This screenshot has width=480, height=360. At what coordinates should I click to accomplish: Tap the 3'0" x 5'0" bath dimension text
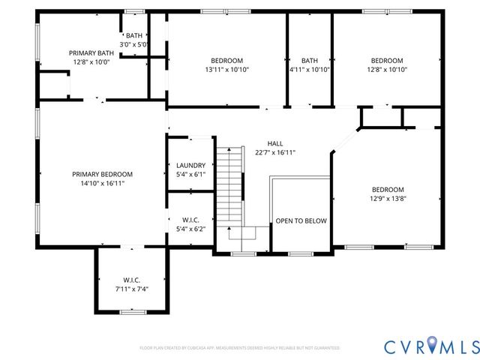(x=135, y=45)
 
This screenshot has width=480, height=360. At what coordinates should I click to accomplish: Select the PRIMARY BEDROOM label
(x=103, y=174)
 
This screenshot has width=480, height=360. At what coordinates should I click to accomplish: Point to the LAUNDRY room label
(x=190, y=166)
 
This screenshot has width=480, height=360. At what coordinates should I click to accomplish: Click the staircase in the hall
(x=231, y=184)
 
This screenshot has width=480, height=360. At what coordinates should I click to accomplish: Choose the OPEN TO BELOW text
(x=301, y=221)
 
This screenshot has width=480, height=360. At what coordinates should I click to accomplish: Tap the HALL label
(x=275, y=143)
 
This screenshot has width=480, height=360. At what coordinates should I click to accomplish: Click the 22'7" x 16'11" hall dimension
(x=275, y=152)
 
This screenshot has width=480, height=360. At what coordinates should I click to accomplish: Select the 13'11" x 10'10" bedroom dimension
(x=226, y=70)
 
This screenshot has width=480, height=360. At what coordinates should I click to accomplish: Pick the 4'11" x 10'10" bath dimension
(x=310, y=70)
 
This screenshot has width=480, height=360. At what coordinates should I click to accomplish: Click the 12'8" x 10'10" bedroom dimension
(x=387, y=70)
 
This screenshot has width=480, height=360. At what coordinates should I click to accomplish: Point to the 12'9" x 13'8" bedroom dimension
(x=388, y=199)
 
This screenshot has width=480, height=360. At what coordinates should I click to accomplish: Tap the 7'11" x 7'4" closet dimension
(x=132, y=289)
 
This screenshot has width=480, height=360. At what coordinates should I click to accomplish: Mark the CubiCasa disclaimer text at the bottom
(x=240, y=348)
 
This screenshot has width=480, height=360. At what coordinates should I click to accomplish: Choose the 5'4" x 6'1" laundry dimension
(x=190, y=175)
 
